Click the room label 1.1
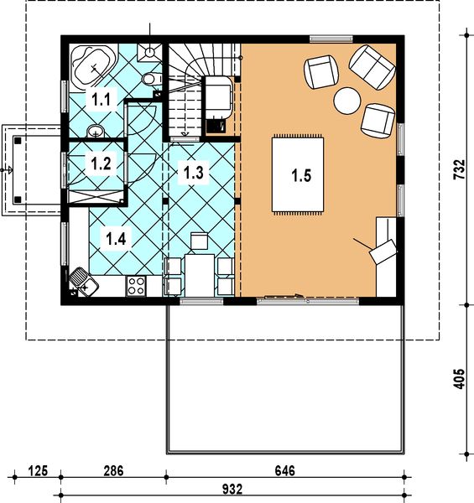pyautogui.click(x=101, y=100)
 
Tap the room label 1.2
pyautogui.click(x=101, y=163)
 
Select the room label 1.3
pyautogui.click(x=194, y=173)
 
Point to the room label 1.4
pyautogui.click(x=116, y=239)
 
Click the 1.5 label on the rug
pyautogui.click(x=301, y=175)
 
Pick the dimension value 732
pyautogui.click(x=459, y=169)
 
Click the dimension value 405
pyautogui.click(x=459, y=379)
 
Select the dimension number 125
pyautogui.click(x=38, y=471)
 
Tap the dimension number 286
pyautogui.click(x=113, y=471)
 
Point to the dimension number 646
pyautogui.click(x=285, y=471)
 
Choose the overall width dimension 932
pyautogui.click(x=232, y=490)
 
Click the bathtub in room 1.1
pyautogui.click(x=93, y=67)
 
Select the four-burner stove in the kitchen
pyautogui.click(x=136, y=286)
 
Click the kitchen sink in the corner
pyautogui.click(x=83, y=282)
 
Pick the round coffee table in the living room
pyautogui.click(x=347, y=101)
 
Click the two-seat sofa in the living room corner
pyautogui.click(x=372, y=67)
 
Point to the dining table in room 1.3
pyautogui.click(x=200, y=275)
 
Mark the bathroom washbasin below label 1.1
pyautogui.click(x=96, y=131)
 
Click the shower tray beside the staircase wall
pyautogui.click(x=150, y=52)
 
